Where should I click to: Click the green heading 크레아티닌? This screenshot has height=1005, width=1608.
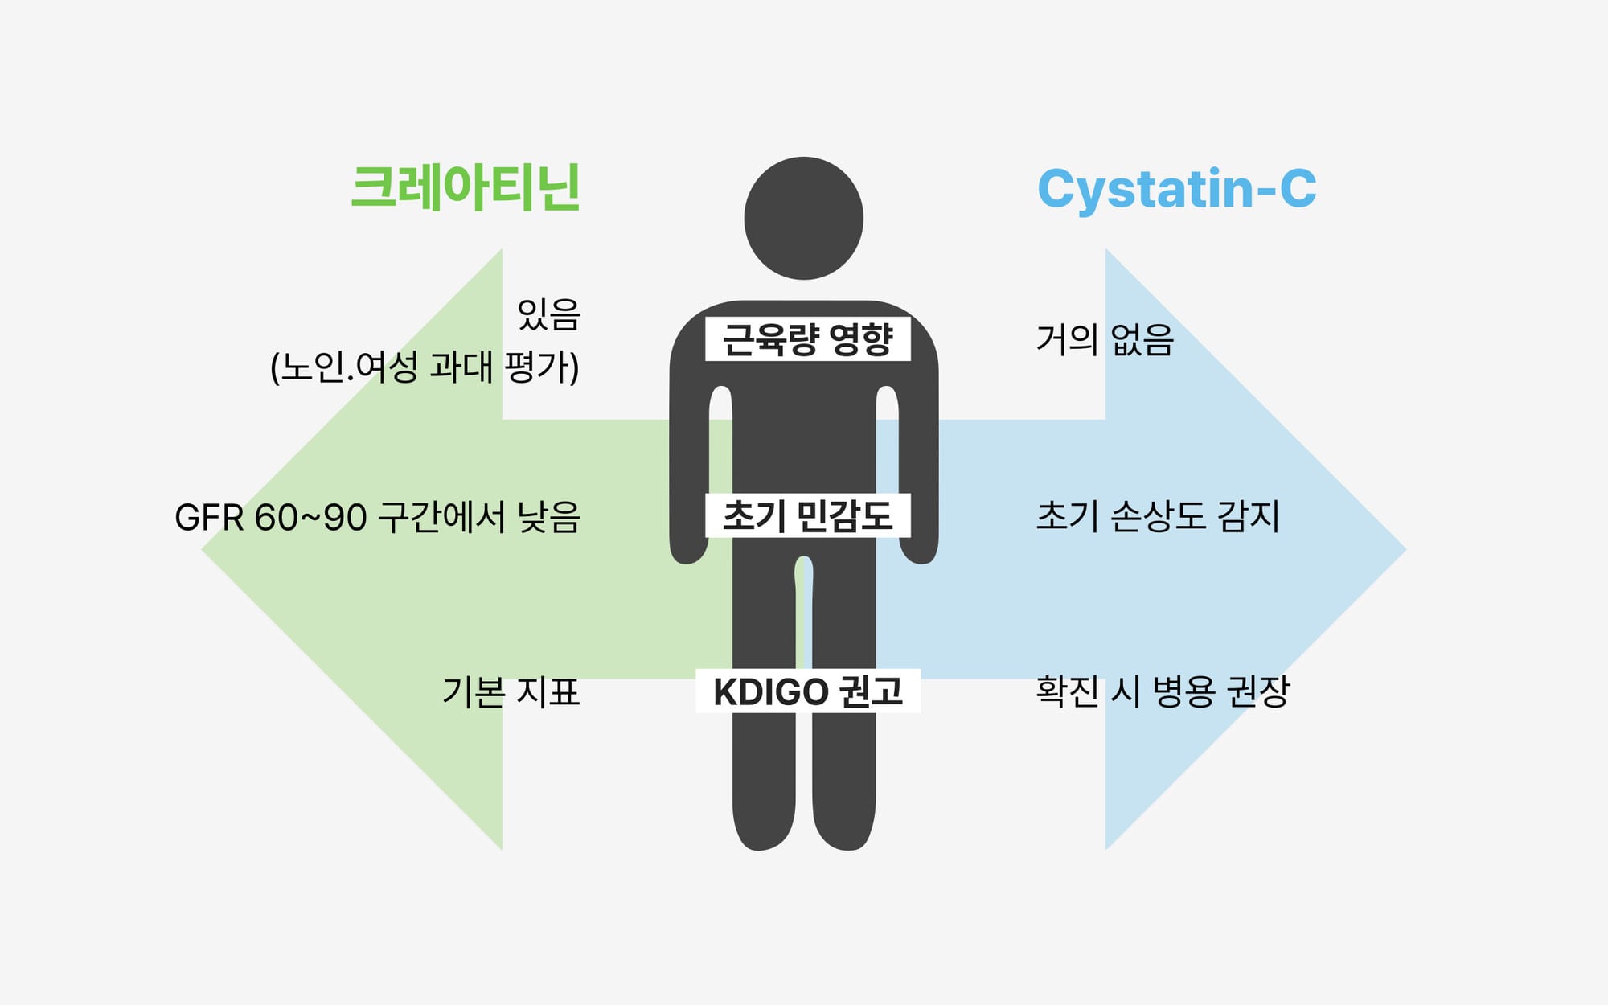click(x=466, y=188)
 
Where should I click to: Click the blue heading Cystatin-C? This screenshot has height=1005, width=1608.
click(x=1176, y=189)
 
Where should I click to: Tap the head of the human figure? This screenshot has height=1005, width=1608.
click(x=803, y=218)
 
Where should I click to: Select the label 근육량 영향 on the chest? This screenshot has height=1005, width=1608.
click(x=807, y=339)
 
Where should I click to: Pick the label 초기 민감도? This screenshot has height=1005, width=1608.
click(x=807, y=515)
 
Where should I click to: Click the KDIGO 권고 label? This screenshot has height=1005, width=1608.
click(x=807, y=691)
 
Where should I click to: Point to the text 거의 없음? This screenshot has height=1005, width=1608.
click(x=1105, y=339)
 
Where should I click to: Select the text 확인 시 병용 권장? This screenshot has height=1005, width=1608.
click(x=1163, y=691)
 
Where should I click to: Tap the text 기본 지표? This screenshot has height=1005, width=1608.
click(x=511, y=691)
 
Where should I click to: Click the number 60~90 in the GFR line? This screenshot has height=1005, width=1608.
click(x=310, y=518)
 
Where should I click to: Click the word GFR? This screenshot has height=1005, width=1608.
click(x=208, y=518)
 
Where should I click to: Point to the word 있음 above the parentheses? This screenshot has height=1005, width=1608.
click(x=548, y=314)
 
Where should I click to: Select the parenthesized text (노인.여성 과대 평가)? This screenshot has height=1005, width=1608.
click(x=425, y=367)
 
